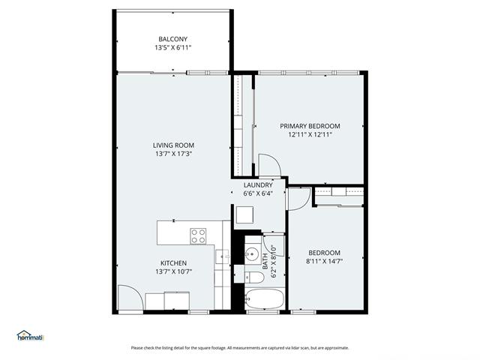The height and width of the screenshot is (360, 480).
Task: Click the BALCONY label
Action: pos(172,39)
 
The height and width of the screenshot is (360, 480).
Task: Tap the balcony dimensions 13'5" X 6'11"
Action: pos(172,47)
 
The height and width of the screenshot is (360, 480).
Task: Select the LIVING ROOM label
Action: pos(174,145)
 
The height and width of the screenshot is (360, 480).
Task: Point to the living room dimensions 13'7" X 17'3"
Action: pos(174,154)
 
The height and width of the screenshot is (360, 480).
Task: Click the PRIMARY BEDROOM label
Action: pos(310,126)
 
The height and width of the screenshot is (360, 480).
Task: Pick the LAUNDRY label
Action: pos(258,184)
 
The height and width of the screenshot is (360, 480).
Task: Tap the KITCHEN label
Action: pos(173,262)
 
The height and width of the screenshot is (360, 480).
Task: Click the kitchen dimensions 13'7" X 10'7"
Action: pos(173,271)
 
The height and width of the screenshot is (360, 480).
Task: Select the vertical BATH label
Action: pos(265,262)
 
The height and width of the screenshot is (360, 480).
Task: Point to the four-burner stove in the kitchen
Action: pos(199,236)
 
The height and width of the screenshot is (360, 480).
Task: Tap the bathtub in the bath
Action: pos(265,298)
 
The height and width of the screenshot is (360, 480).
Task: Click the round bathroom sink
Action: pos(251,252)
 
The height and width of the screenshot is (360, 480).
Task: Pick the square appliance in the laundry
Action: pos(245,215)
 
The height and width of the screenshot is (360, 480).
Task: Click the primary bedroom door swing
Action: pos(268,165)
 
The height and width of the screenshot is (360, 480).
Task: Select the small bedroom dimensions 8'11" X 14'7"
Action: pos(323,262)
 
